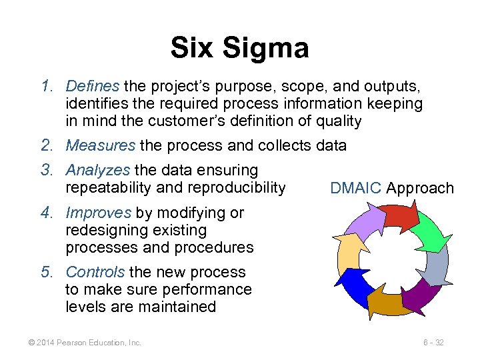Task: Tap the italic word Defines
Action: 93,87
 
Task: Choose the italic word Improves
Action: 98,213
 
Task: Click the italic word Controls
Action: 95,272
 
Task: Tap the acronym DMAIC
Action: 355,189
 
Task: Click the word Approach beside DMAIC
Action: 419,189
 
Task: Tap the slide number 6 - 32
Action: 433,343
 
